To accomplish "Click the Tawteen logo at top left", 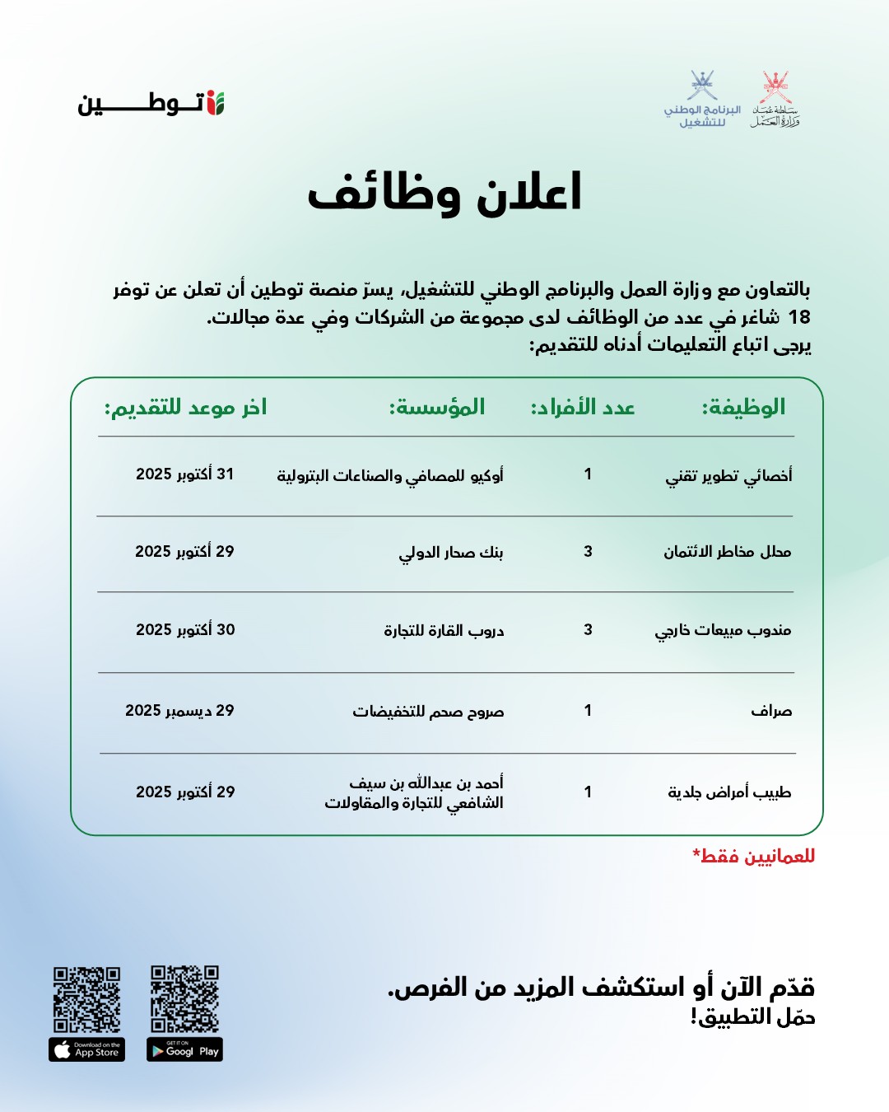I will point(151,104).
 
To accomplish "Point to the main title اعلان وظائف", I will point(444,194).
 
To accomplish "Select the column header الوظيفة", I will point(743,407).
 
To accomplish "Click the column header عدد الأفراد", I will point(583,408).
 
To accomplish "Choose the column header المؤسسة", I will point(437,408).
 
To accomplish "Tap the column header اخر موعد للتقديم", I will point(185,408).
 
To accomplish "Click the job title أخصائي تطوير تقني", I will point(728,475).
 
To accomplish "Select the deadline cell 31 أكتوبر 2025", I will point(185,474).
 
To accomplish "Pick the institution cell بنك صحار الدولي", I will point(451,552).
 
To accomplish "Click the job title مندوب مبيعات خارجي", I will point(723,631).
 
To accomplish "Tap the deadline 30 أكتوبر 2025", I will point(185,630).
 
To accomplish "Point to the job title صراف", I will point(771,711).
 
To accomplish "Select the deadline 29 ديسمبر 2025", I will point(179,711).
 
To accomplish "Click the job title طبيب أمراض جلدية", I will point(729,792).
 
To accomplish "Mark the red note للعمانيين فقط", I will point(754,857).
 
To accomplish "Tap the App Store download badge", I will point(86,1050).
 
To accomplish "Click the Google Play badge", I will point(184,1050).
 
